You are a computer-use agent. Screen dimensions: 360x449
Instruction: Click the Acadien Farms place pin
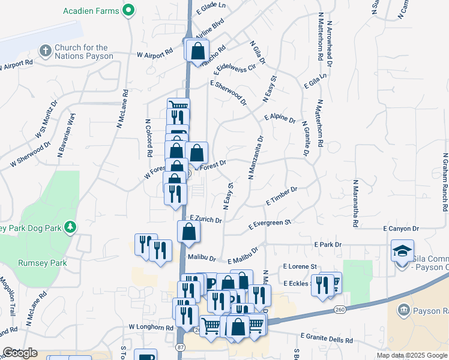128,10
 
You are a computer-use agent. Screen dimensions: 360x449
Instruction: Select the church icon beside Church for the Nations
45,51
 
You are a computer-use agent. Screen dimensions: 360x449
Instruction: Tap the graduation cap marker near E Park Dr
402,250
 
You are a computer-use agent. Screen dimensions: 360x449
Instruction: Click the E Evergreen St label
270,224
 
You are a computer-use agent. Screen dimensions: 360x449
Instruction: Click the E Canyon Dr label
400,229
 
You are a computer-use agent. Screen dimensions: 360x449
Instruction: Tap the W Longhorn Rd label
151,328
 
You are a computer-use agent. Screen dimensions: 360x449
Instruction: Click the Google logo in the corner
20,353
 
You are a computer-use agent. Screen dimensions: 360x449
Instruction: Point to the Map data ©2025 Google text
411,355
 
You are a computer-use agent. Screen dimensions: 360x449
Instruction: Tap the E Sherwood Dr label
228,92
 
